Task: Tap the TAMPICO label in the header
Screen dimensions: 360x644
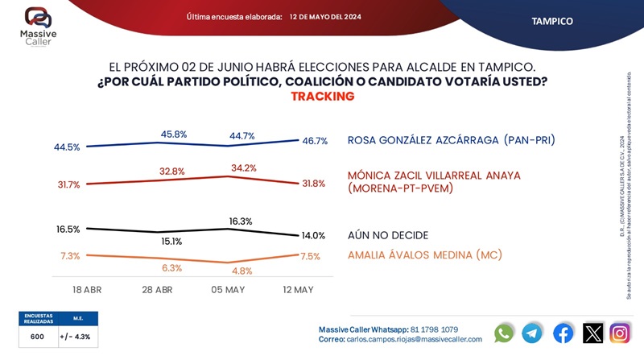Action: [x=552, y=21]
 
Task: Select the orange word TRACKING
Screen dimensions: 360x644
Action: [x=322, y=96]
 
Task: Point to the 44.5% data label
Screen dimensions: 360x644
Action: [x=67, y=147]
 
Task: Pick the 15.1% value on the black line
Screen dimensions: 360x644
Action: [x=172, y=241]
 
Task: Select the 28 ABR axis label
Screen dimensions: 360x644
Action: [x=158, y=288]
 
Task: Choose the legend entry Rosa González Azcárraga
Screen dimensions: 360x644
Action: [x=451, y=140]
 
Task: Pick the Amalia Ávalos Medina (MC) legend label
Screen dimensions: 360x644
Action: [x=424, y=255]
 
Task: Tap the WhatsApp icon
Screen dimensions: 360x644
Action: [x=504, y=333]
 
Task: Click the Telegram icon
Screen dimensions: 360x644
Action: [x=532, y=333]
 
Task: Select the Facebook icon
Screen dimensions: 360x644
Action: [x=563, y=333]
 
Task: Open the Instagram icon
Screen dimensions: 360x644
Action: [x=620, y=333]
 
